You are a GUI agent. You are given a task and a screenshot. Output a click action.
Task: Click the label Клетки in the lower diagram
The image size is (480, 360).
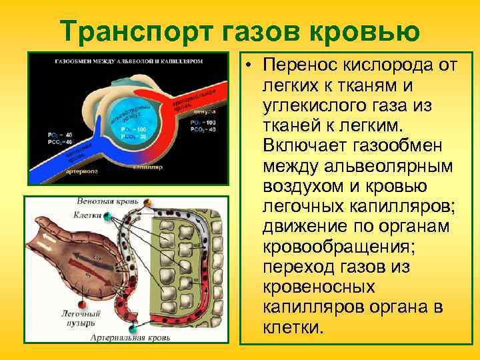(x=87, y=215)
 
